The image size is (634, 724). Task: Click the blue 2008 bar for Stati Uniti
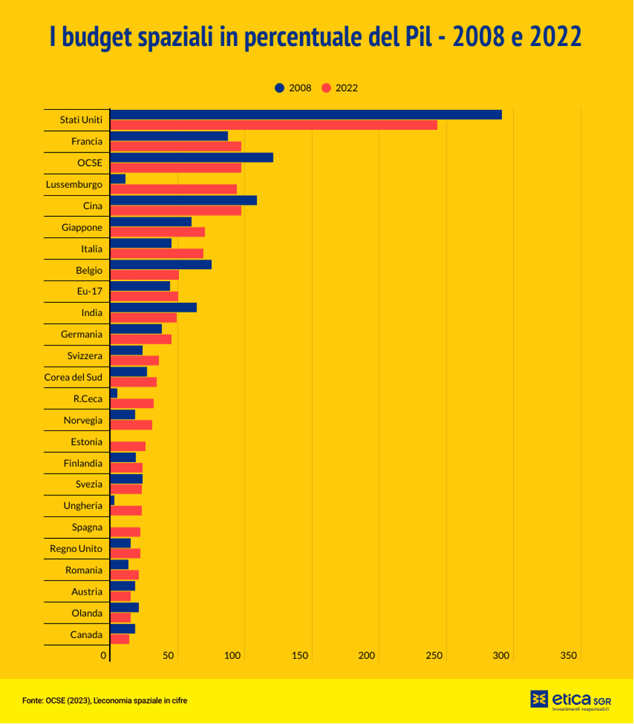click(x=306, y=115)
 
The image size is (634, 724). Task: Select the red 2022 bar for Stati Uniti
click(x=274, y=125)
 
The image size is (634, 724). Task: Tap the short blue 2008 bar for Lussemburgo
click(x=118, y=179)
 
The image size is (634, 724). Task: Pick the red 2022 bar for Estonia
click(x=128, y=446)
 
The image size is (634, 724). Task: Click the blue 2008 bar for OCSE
click(x=191, y=158)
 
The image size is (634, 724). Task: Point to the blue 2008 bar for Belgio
click(x=161, y=265)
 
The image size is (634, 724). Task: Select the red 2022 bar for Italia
click(x=157, y=254)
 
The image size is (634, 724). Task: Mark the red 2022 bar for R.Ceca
click(x=132, y=403)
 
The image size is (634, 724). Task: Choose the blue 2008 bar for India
click(x=153, y=307)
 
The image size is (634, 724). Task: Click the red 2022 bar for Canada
click(x=120, y=639)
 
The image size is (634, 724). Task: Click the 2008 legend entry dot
click(x=280, y=88)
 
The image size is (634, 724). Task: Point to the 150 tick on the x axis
click(x=301, y=656)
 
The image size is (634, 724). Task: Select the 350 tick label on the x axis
click(x=569, y=656)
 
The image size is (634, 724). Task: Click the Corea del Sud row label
click(x=73, y=377)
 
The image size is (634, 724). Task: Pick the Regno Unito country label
click(x=76, y=549)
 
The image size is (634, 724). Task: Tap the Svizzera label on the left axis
click(x=85, y=356)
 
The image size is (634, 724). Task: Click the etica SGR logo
click(x=570, y=700)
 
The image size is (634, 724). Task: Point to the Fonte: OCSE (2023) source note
click(x=105, y=701)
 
